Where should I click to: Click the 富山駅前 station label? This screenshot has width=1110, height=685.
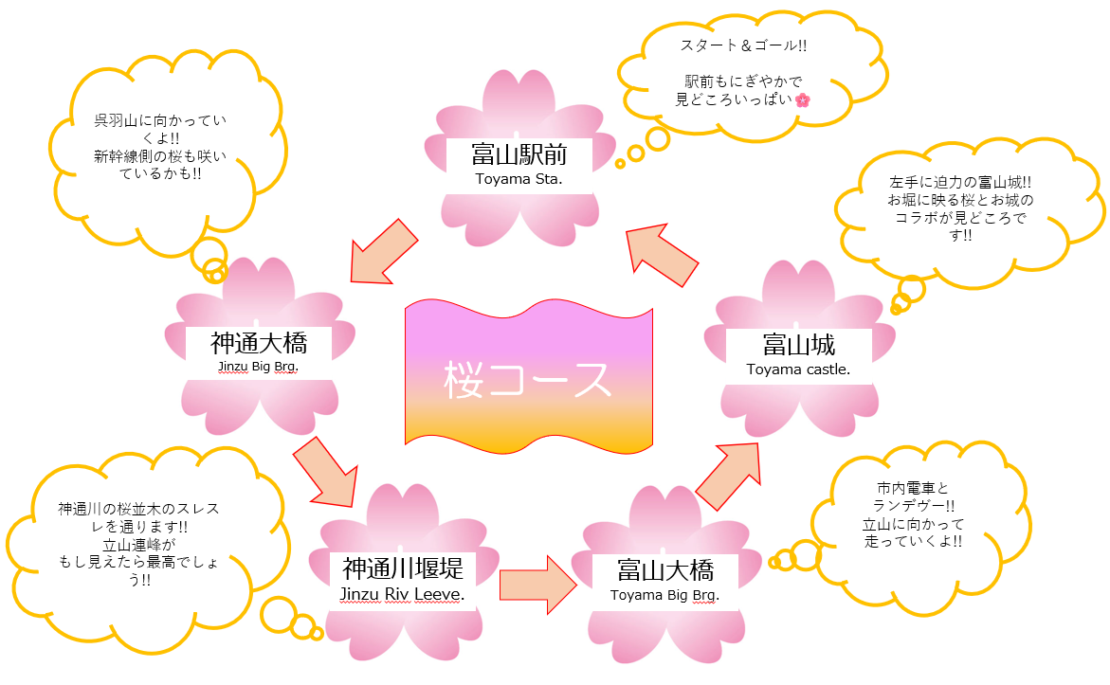(x=519, y=153)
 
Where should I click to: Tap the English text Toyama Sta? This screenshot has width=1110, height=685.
(x=519, y=177)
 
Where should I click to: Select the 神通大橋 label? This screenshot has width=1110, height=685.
(x=259, y=341)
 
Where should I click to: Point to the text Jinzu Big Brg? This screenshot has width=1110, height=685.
(x=258, y=364)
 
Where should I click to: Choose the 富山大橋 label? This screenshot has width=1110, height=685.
(x=664, y=570)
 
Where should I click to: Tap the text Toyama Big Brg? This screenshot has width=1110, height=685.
(x=664, y=596)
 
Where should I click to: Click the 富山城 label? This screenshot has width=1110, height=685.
(x=798, y=344)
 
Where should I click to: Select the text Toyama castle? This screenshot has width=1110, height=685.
(x=798, y=370)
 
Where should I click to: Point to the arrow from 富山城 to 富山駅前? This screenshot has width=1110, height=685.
(x=664, y=254)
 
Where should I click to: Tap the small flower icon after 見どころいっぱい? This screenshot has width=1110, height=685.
(x=803, y=99)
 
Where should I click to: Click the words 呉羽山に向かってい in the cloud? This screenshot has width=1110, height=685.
(x=155, y=120)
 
